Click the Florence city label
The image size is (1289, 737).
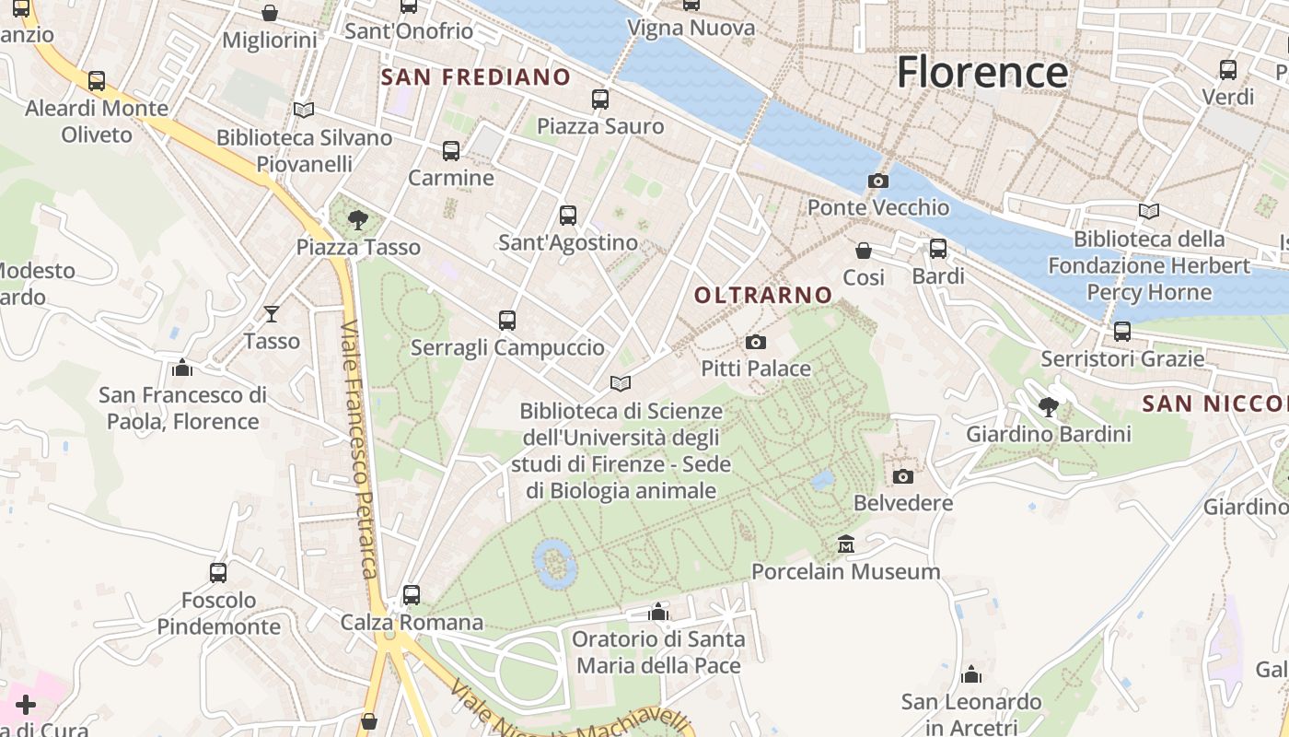[981, 72]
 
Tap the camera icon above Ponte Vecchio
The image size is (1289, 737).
[878, 181]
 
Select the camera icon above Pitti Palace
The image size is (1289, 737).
[755, 343]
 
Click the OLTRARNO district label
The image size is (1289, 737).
[763, 295]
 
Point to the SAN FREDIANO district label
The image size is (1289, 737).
[476, 77]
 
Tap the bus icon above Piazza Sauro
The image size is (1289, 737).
[600, 99]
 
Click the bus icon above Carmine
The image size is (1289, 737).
[451, 151]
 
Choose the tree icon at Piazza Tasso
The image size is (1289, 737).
[357, 220]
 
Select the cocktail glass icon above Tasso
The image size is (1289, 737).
[272, 314]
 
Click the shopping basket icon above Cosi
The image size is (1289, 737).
[864, 251]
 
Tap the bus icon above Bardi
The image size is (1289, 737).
[938, 249]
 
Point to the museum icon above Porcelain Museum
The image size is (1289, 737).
[846, 544]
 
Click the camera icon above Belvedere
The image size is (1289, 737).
[903, 476]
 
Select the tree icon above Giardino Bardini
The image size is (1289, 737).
[1048, 406]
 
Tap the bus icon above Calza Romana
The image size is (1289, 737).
[412, 595]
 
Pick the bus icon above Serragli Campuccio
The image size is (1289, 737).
[507, 321]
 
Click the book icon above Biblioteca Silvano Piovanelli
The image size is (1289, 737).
[304, 111]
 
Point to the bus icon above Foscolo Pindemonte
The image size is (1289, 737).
[218, 573]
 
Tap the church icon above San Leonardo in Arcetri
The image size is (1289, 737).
[971, 675]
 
